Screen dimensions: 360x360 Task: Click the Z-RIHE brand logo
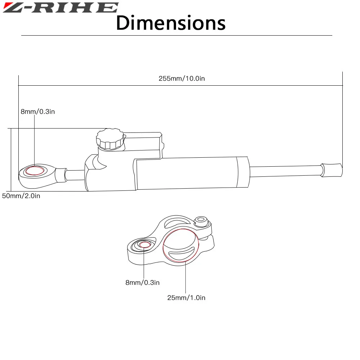60,8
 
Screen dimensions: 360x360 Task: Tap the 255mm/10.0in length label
181,78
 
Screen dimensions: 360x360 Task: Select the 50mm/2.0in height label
21,196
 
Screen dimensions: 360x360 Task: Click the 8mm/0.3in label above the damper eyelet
37,112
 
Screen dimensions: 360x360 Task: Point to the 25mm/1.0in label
186,298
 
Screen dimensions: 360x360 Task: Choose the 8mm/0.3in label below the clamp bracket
142,283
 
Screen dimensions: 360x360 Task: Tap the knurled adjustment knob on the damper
110,139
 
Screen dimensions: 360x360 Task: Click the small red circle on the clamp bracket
145,245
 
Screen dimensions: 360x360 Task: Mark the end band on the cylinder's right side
242,172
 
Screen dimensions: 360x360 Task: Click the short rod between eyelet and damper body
75,175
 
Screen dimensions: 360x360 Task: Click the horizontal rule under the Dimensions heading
176,35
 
